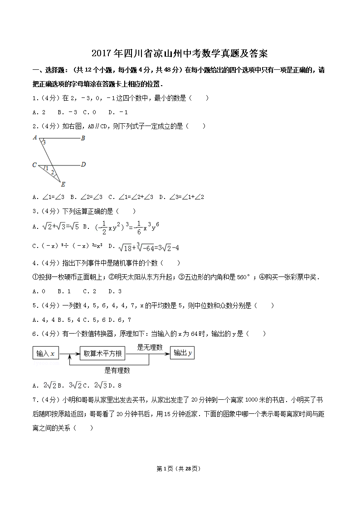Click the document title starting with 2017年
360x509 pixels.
(x=180, y=54)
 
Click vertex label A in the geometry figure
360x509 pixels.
(x=35, y=138)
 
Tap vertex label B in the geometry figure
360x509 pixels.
(x=83, y=138)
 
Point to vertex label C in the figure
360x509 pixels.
(x=34, y=165)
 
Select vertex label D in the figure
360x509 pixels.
(x=83, y=165)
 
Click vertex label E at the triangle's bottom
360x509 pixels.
(x=63, y=184)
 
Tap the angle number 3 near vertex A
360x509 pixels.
(x=44, y=142)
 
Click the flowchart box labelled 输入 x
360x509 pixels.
(x=46, y=354)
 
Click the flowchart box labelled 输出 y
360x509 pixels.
(x=182, y=354)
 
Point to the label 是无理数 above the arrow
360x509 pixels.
(x=150, y=347)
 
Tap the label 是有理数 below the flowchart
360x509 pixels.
(x=117, y=370)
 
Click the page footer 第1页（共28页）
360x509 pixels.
(x=180, y=469)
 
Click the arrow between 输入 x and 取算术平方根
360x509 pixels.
(x=69, y=354)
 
